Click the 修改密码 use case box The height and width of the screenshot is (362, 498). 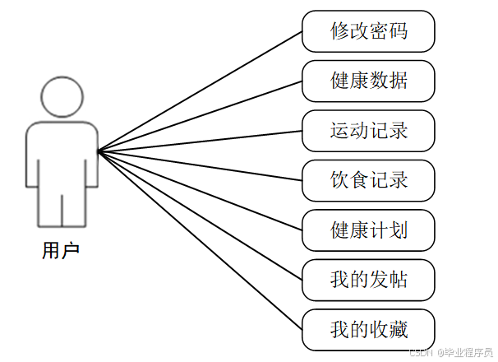[x=368, y=31]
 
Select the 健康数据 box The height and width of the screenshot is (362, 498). [x=368, y=81]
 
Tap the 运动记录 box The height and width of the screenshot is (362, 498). [x=368, y=131]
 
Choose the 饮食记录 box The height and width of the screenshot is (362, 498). [x=368, y=180]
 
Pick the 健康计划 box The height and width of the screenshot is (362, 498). [x=368, y=230]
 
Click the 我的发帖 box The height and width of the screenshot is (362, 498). [x=368, y=281]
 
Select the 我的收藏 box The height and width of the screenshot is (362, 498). [x=368, y=330]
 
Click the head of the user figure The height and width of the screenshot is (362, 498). [x=62, y=98]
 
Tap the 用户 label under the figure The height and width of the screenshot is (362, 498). [x=61, y=249]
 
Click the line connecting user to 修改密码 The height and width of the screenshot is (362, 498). [x=201, y=91]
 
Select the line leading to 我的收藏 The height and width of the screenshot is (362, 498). [x=201, y=239]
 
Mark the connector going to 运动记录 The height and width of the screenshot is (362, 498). [x=201, y=141]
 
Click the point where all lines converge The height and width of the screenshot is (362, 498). [x=99, y=151]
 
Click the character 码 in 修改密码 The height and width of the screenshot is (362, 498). [x=398, y=31]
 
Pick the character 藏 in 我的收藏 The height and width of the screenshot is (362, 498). [x=398, y=330]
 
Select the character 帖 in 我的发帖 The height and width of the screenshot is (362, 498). [x=398, y=281]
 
